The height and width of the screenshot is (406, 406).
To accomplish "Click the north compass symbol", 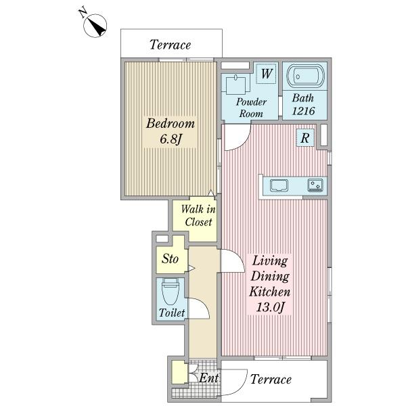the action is pyautogui.click(x=95, y=26).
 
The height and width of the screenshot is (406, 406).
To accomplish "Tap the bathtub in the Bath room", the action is pyautogui.click(x=305, y=76).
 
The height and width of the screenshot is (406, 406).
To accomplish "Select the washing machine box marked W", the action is pyautogui.click(x=266, y=74).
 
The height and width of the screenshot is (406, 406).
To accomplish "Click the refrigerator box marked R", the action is pyautogui.click(x=305, y=138).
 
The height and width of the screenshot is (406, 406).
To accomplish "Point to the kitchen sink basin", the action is pyautogui.click(x=279, y=185).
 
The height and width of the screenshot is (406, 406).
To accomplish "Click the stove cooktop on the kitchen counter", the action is pyautogui.click(x=315, y=185).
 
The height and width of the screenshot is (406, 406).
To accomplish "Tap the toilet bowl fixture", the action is pyautogui.click(x=171, y=292).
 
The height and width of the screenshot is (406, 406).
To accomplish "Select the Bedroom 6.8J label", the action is pyautogui.click(x=170, y=131).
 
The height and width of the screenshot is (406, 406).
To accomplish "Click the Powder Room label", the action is pyautogui.click(x=251, y=108).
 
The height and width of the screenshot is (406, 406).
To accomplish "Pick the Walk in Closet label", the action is pyautogui.click(x=198, y=215).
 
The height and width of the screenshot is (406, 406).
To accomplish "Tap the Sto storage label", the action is pyautogui.click(x=170, y=258).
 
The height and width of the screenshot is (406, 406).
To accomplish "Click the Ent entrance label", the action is pyautogui.click(x=208, y=378).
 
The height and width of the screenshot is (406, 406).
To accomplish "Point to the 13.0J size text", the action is pyautogui.click(x=270, y=307).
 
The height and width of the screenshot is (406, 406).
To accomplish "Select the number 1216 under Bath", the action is pyautogui.click(x=303, y=111).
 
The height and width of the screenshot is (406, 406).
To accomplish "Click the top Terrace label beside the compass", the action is pyautogui.click(x=171, y=45).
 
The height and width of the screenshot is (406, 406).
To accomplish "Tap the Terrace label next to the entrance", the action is pyautogui.click(x=271, y=380).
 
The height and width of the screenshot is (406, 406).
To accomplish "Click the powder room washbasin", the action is pyautogui.click(x=235, y=85).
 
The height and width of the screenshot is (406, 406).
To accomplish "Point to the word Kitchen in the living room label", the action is pyautogui.click(x=269, y=292).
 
